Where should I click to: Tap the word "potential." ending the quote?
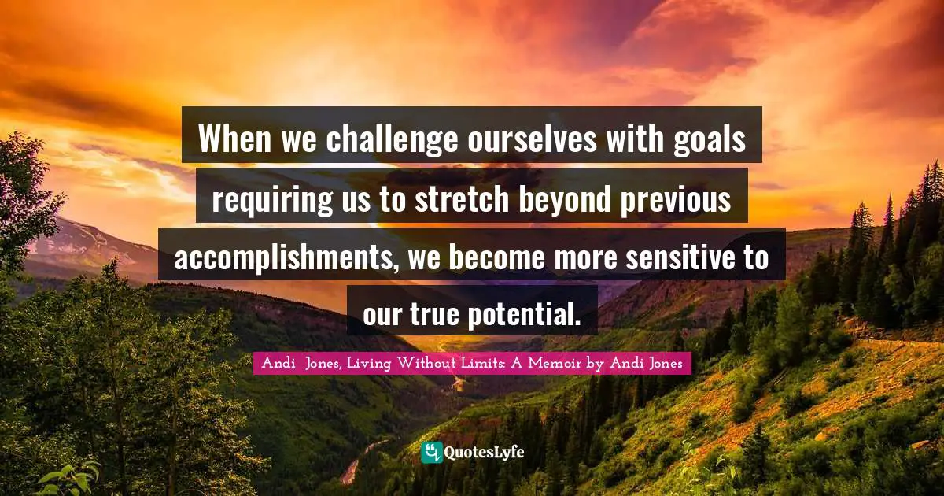point(524,316)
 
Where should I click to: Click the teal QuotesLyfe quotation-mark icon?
point(432,453)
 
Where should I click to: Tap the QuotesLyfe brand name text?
point(485,453)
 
